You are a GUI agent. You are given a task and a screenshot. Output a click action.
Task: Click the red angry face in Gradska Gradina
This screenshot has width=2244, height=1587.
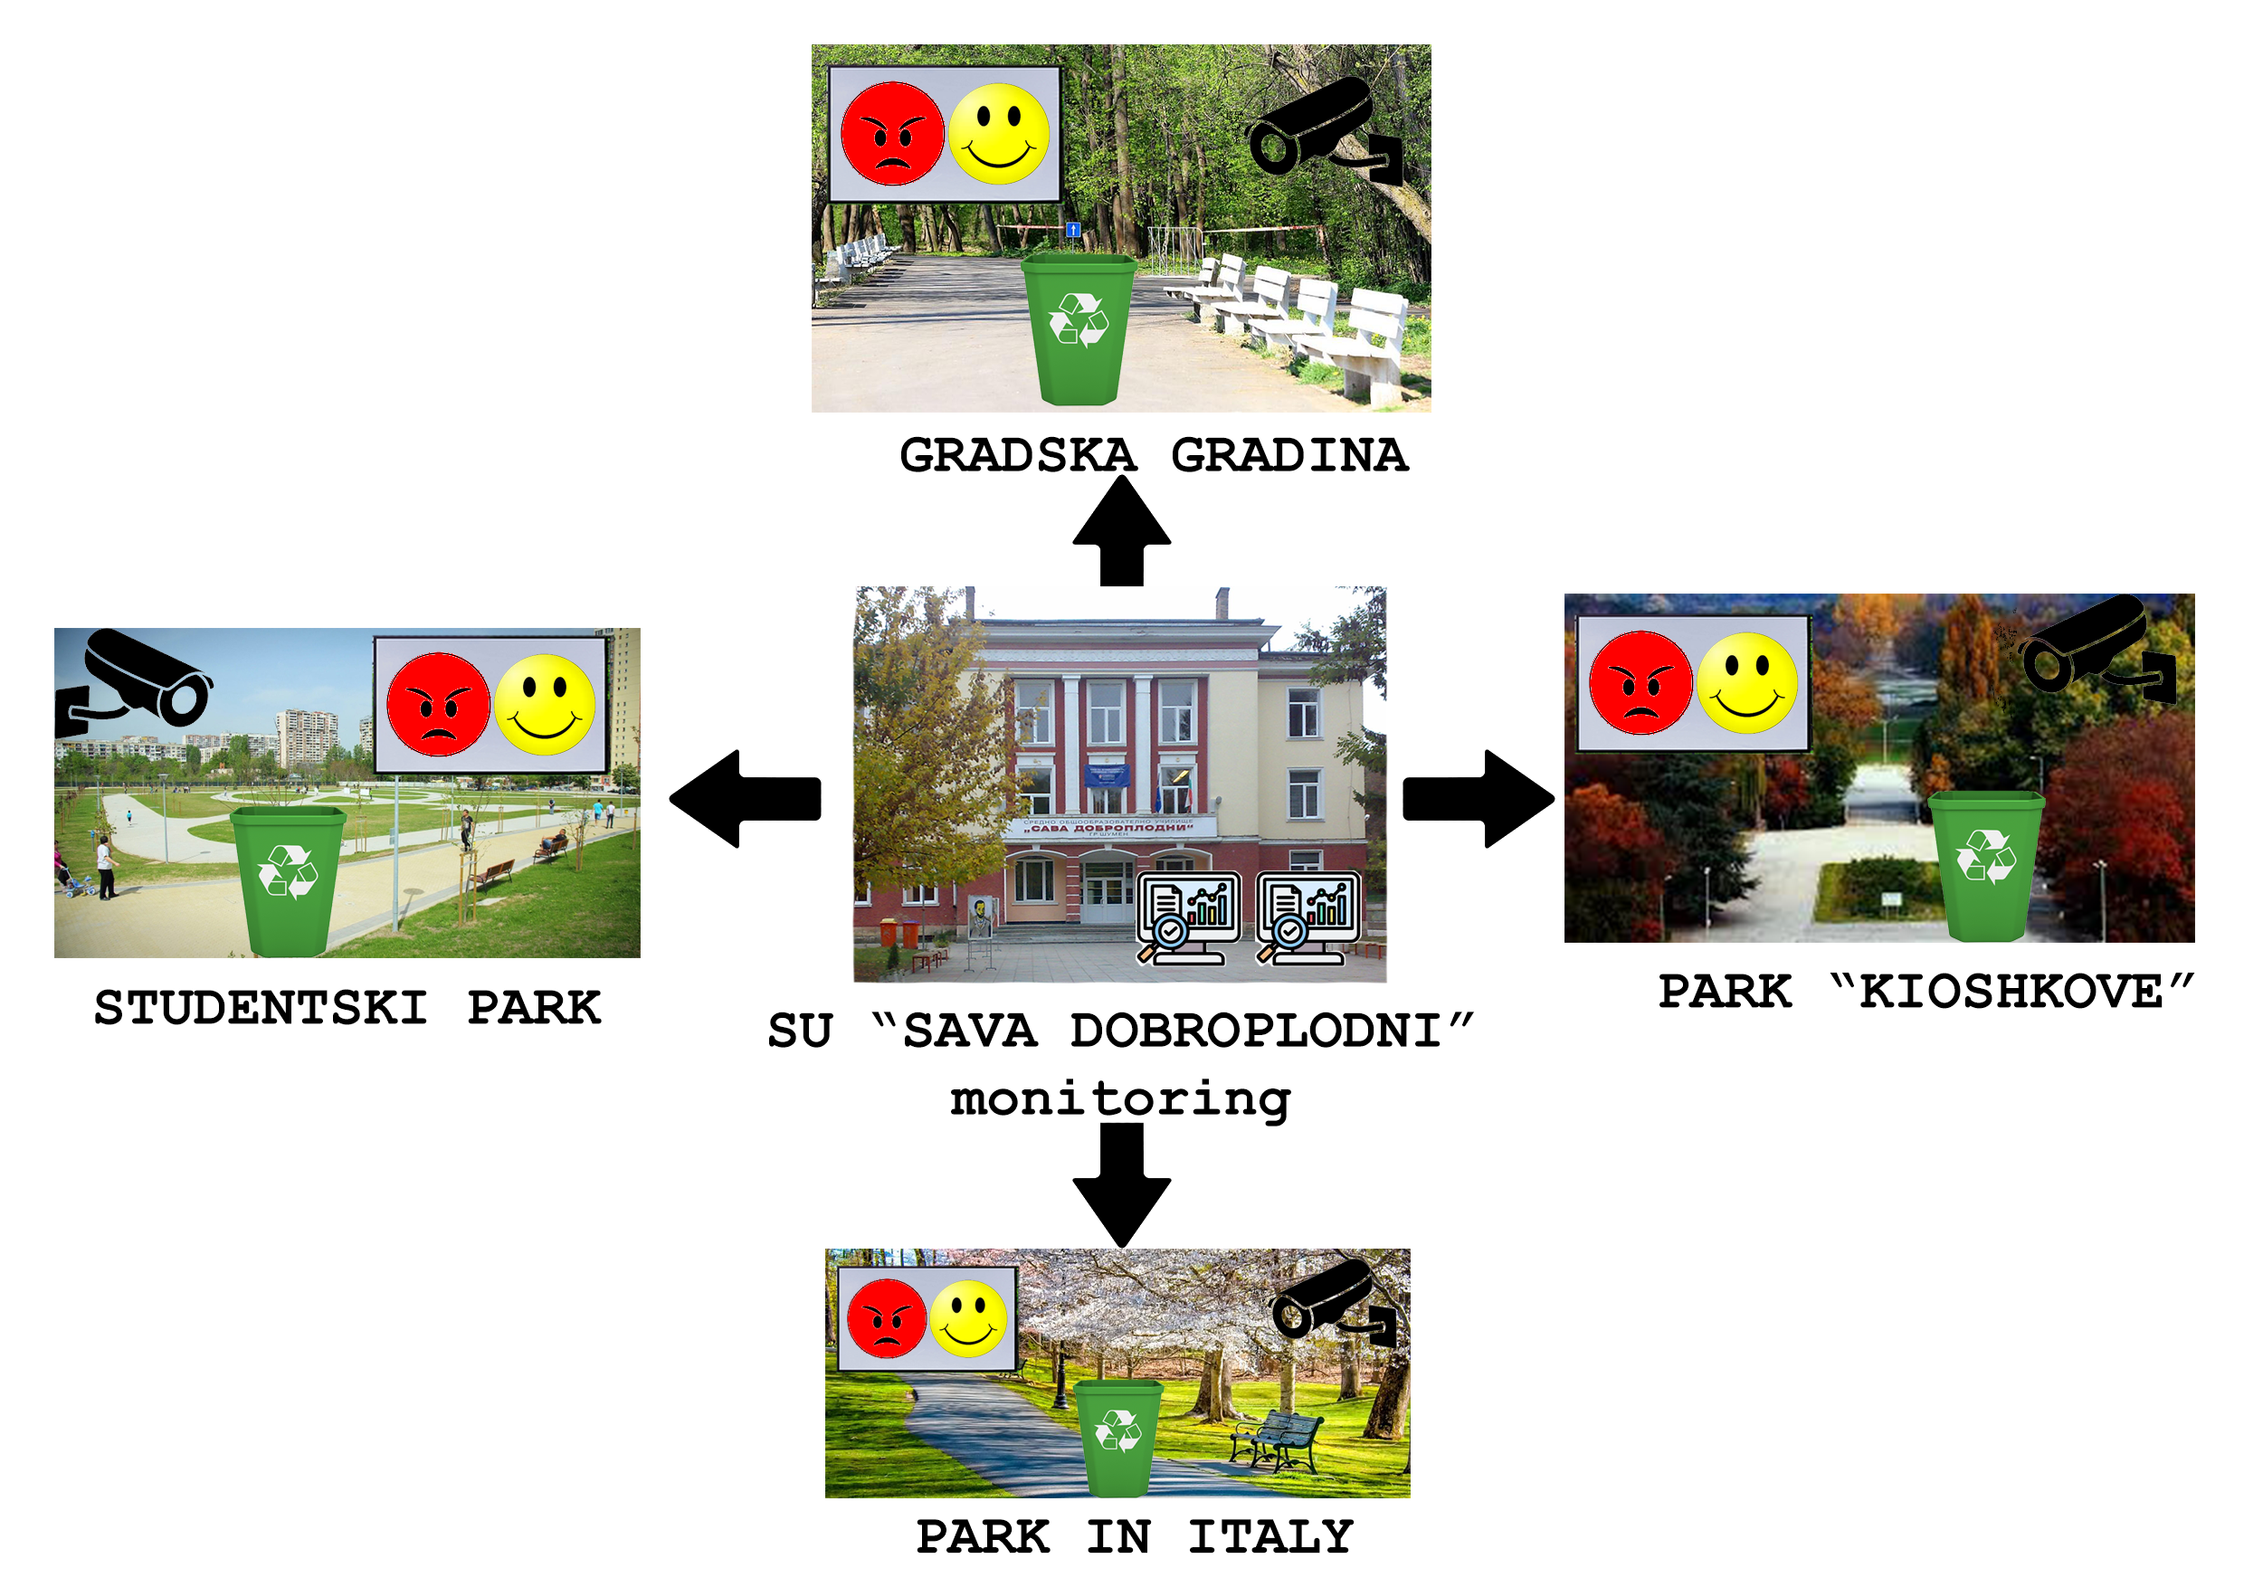click(891, 134)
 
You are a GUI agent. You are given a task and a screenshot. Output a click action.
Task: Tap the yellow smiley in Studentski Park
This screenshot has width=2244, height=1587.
click(545, 705)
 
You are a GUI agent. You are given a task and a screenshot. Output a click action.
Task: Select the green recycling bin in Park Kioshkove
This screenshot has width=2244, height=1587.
click(1986, 865)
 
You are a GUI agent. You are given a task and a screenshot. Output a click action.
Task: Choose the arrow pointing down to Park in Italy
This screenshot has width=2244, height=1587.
click(1121, 1183)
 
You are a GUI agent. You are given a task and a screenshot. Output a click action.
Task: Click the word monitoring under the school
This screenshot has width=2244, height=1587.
click(1120, 1099)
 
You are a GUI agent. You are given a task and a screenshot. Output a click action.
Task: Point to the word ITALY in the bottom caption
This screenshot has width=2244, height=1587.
click(1270, 1537)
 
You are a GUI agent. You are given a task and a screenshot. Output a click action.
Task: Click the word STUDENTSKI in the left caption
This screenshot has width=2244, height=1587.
click(261, 1008)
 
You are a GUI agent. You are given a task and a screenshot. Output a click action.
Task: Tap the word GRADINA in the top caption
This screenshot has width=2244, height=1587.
click(1289, 455)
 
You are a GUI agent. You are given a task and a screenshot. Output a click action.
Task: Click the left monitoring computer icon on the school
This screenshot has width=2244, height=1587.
click(1188, 917)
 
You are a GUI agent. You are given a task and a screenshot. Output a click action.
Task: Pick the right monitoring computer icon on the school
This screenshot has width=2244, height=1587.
click(1307, 917)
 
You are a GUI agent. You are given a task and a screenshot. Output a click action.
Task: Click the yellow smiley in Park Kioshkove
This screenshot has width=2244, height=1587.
click(1746, 682)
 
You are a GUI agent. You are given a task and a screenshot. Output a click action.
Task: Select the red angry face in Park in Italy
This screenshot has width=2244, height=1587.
click(887, 1318)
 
